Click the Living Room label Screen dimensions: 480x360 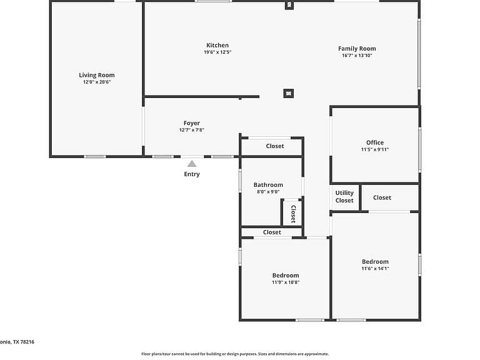97,75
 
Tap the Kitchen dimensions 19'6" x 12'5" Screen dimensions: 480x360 217,52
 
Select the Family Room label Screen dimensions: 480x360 357,48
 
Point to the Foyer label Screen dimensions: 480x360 192,123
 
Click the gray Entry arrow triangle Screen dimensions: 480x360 192,164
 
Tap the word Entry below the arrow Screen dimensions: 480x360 192,174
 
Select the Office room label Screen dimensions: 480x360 375,142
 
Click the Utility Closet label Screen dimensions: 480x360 344,196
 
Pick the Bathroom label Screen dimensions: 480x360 268,184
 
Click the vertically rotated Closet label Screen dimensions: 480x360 293,214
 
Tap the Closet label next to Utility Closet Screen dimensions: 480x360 382,197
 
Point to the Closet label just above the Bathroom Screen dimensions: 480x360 275,146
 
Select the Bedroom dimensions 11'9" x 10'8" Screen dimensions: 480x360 286,282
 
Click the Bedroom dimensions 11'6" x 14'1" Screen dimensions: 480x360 375,269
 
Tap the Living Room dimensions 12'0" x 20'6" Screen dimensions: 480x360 97,82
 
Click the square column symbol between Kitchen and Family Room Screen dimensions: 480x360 288,93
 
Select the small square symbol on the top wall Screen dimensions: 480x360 289,5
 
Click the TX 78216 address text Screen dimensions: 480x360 24,342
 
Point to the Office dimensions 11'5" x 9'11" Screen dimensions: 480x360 375,149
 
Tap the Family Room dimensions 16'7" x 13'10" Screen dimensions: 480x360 357,56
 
